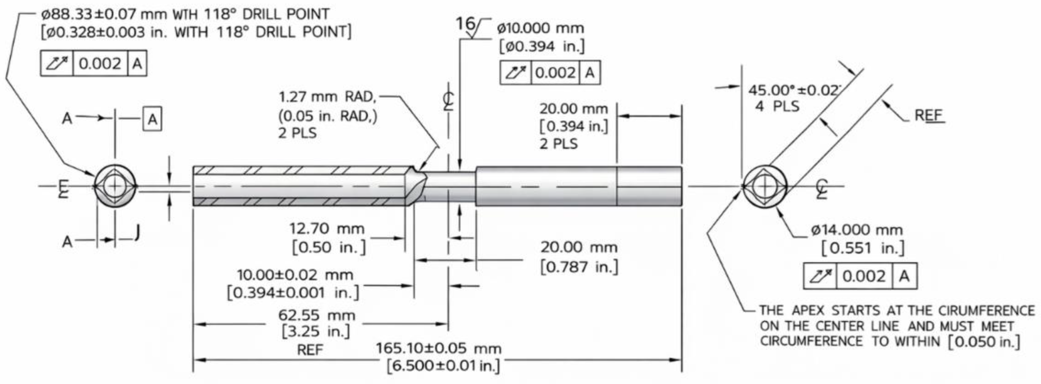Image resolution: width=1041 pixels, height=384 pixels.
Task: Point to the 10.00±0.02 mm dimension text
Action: tap(295, 275)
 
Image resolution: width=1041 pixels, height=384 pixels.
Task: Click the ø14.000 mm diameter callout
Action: tap(857, 230)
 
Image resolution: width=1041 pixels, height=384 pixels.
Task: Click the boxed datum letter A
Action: tap(152, 119)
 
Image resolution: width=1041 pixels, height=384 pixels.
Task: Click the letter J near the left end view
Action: tap(138, 232)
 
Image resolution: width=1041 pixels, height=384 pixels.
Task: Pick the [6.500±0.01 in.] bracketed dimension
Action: tap(443, 366)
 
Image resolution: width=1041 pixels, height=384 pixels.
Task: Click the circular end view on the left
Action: tap(116, 186)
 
